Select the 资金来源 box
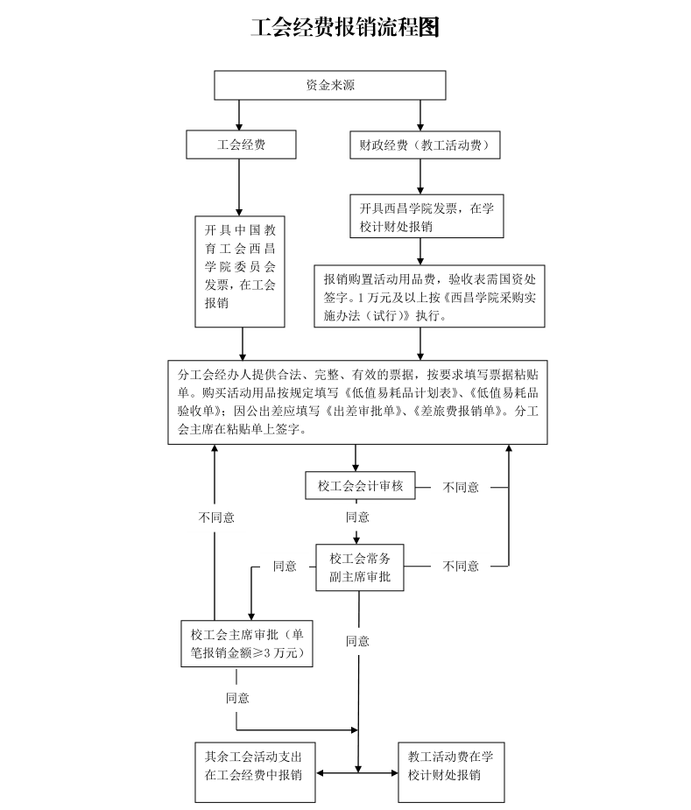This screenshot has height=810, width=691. pos(330,85)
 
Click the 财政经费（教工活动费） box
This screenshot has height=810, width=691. pos(424,144)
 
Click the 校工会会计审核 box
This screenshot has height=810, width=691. pos(360,486)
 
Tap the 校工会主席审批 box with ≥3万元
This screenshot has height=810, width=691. pos(245,644)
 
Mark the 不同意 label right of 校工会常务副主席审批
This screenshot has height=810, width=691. pos(461,567)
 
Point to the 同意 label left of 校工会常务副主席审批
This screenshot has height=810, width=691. pos(285,567)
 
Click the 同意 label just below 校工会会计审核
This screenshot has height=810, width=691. pos(357,517)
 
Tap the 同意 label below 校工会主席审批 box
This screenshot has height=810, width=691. pos(237,698)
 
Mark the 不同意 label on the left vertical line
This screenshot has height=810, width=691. pos(215,517)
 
